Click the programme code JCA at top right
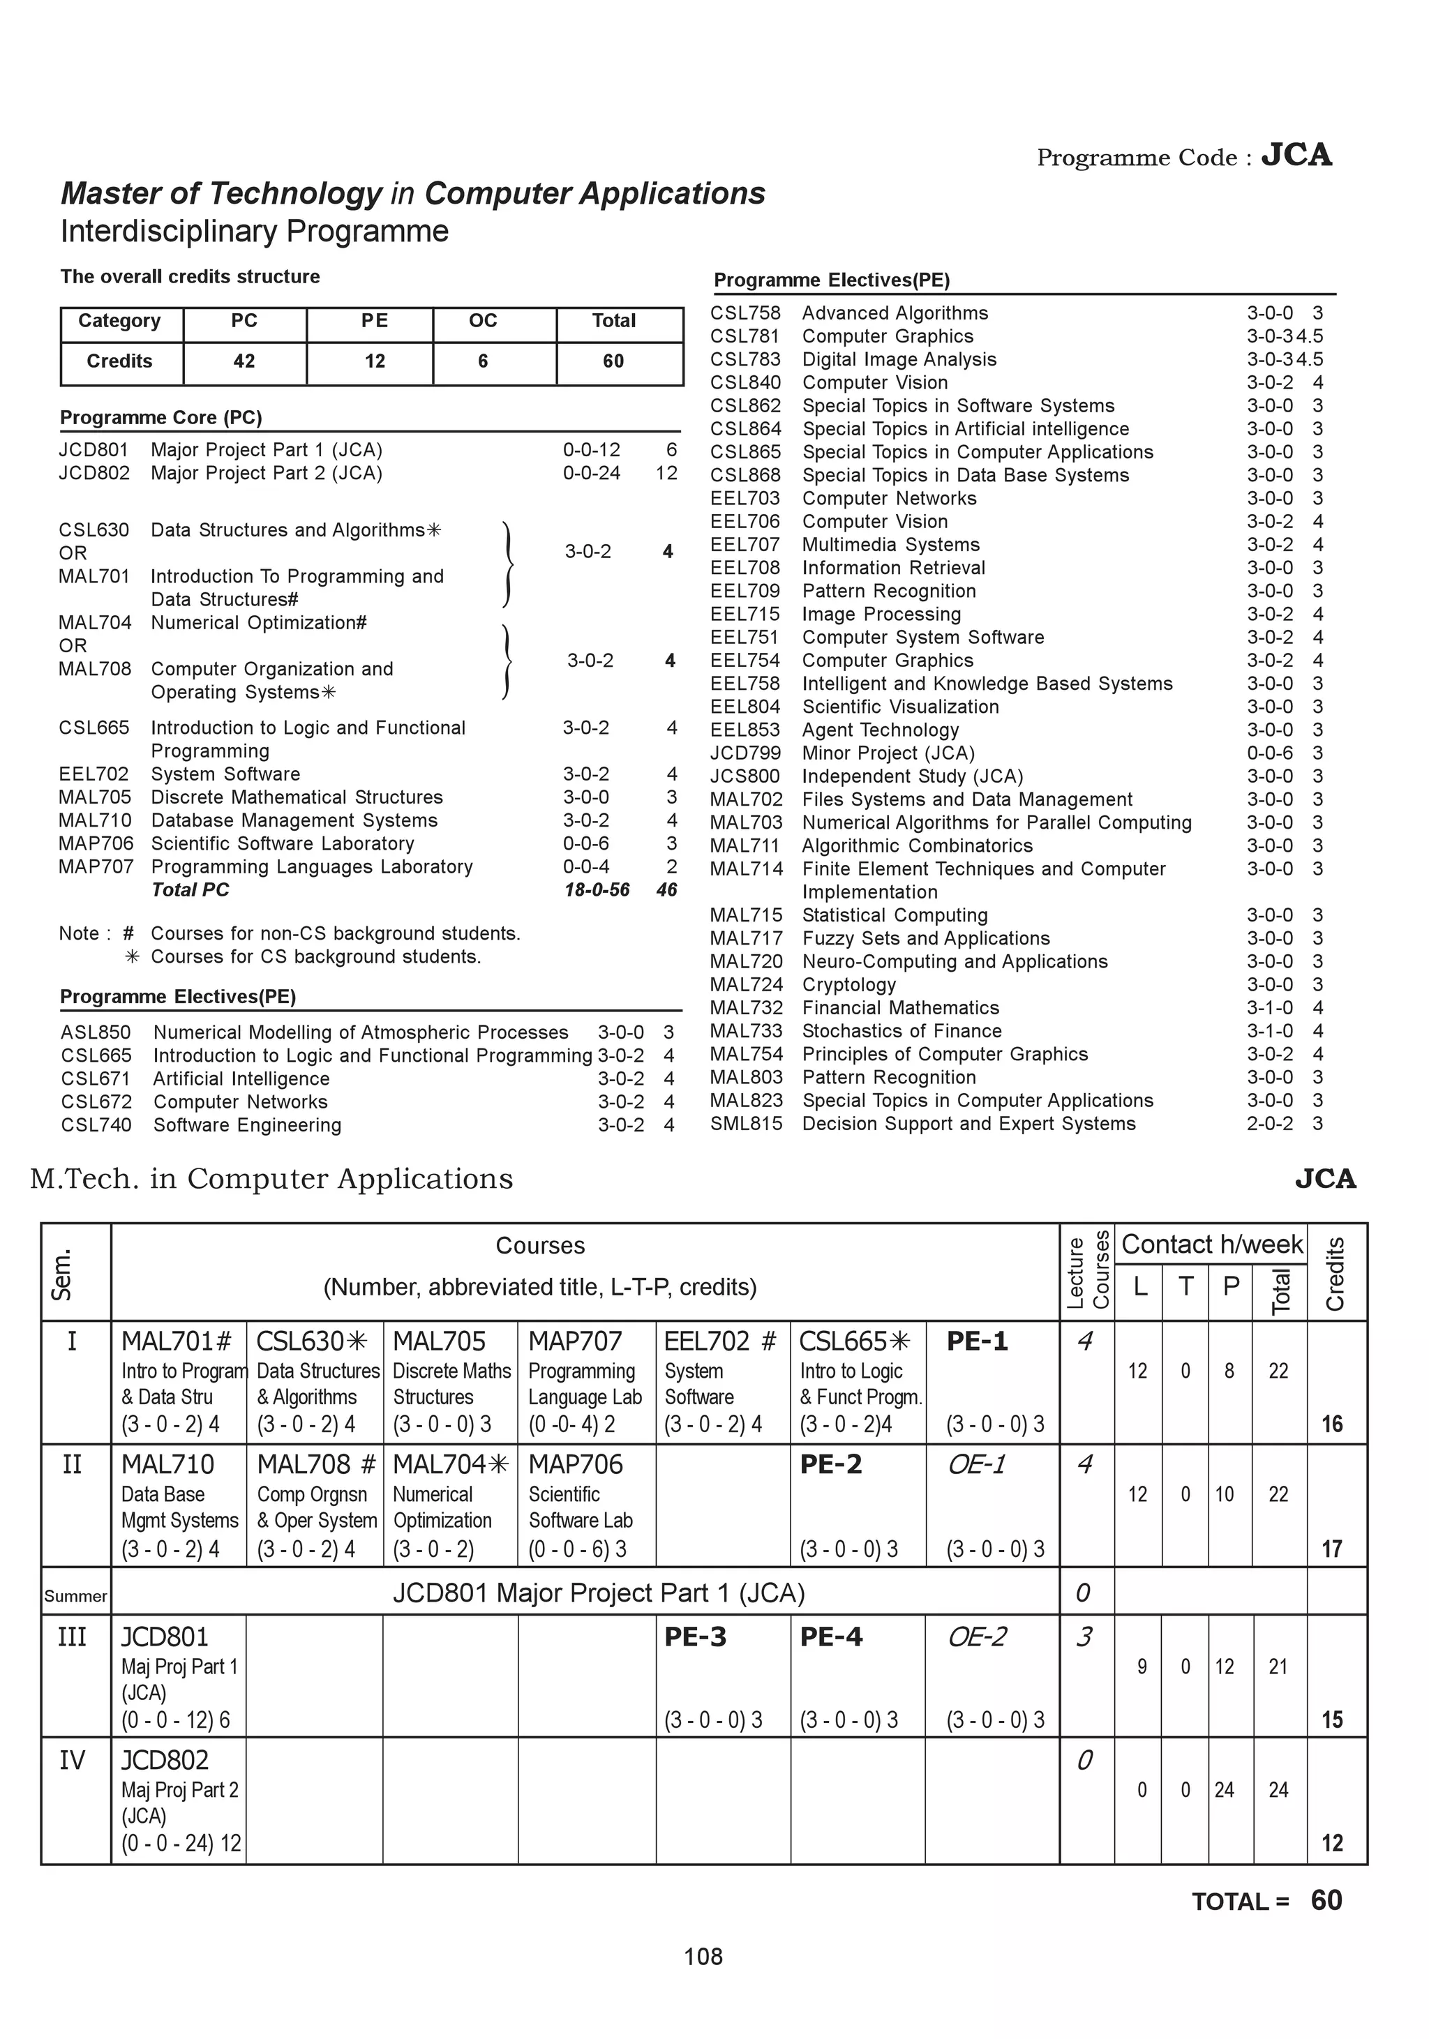[1296, 156]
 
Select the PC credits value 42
[244, 361]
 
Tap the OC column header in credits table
[482, 321]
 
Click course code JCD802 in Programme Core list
[93, 474]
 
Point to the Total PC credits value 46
[666, 890]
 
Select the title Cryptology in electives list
[848, 985]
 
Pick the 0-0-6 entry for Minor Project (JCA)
[1269, 753]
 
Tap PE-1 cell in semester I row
[977, 1341]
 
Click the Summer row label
[75, 1596]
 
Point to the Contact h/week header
[1211, 1244]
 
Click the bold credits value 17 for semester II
[1331, 1550]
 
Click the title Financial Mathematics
[899, 1008]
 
